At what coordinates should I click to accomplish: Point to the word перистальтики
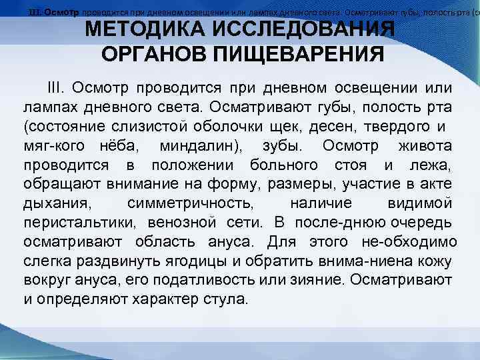pyautogui.click(x=70, y=221)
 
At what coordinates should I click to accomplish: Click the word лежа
pyautogui.click(x=431, y=165)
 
